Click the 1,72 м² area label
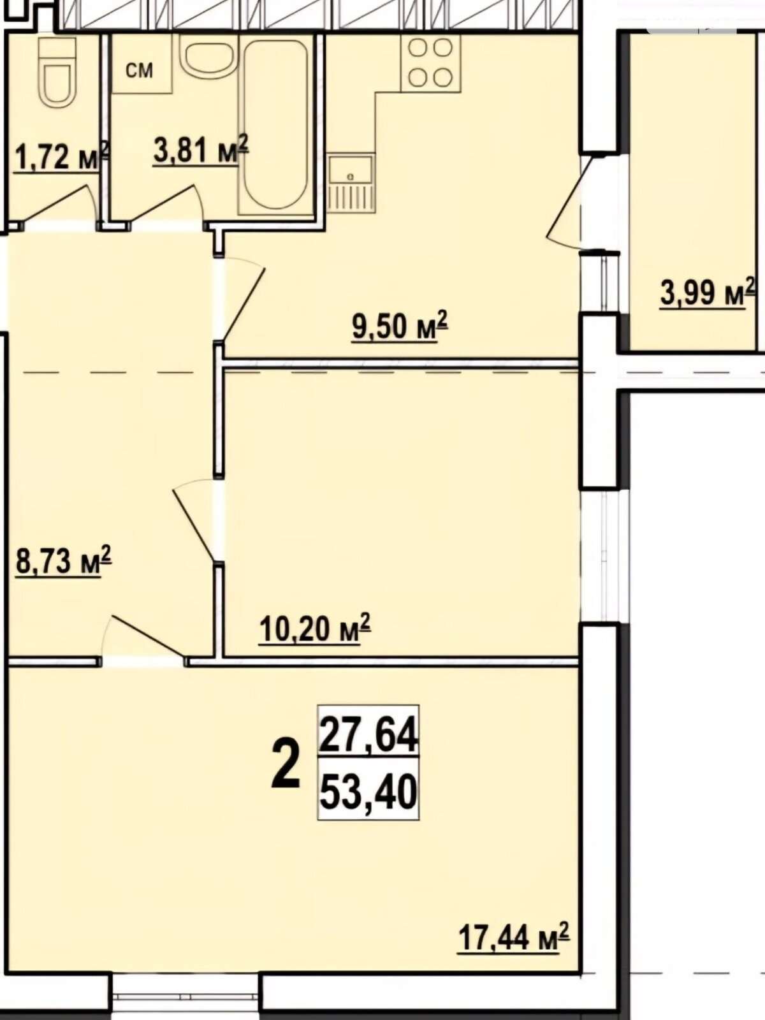[62, 157]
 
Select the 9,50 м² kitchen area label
[400, 326]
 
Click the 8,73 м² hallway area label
[64, 560]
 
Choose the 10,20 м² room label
[316, 629]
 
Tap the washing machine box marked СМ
[141, 64]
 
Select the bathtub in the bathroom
[275, 126]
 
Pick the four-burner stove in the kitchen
[431, 62]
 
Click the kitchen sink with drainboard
[351, 184]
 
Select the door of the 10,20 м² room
[198, 520]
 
